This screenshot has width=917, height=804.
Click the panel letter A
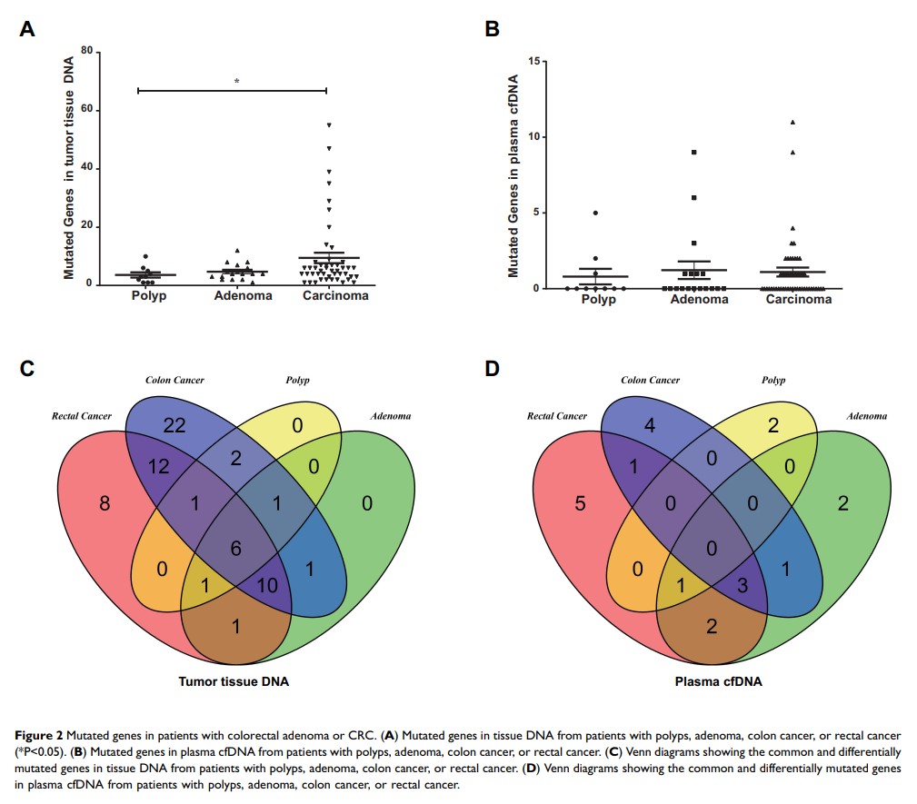click(28, 30)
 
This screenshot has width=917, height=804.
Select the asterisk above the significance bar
click(237, 82)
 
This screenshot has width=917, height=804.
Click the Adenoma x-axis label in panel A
click(243, 296)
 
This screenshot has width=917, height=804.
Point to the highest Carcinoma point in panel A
click(329, 124)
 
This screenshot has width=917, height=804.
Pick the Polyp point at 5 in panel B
click(595, 213)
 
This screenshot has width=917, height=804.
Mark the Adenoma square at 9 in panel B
click(693, 153)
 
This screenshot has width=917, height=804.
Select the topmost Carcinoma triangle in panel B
click(792, 122)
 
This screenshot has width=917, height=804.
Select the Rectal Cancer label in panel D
click(558, 417)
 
